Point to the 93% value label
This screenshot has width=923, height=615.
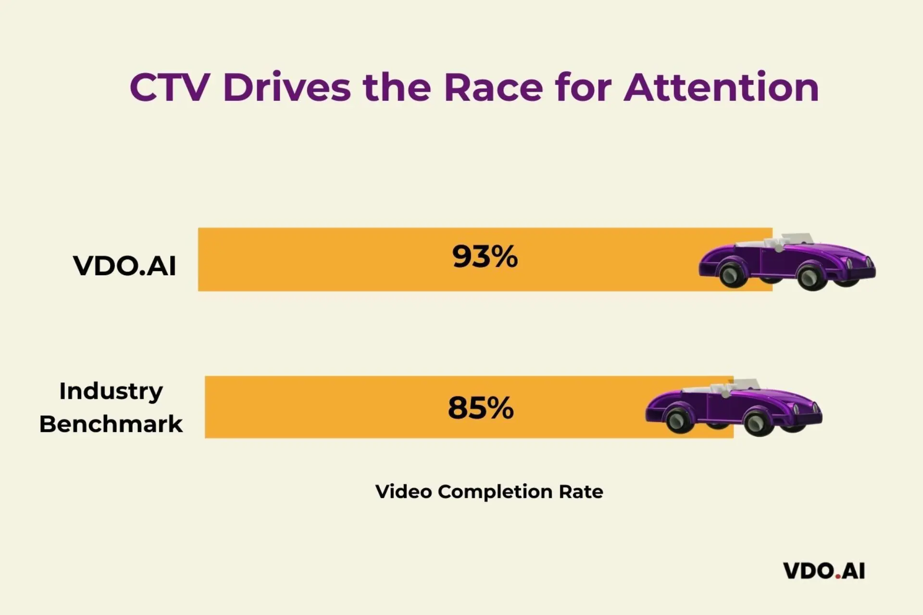[x=485, y=257]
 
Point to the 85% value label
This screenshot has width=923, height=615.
[x=481, y=408]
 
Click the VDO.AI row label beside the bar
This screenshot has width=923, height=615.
[x=125, y=266]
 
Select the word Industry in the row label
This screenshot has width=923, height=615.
[x=111, y=391]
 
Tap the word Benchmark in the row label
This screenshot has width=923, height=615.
[x=111, y=424]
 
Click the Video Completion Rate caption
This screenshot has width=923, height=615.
[x=489, y=492]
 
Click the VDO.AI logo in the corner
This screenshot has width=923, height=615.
[x=824, y=571]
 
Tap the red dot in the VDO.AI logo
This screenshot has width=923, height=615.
[x=837, y=576]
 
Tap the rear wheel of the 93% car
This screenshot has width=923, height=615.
[x=734, y=274]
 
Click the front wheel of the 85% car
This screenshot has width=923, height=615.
[x=759, y=422]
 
